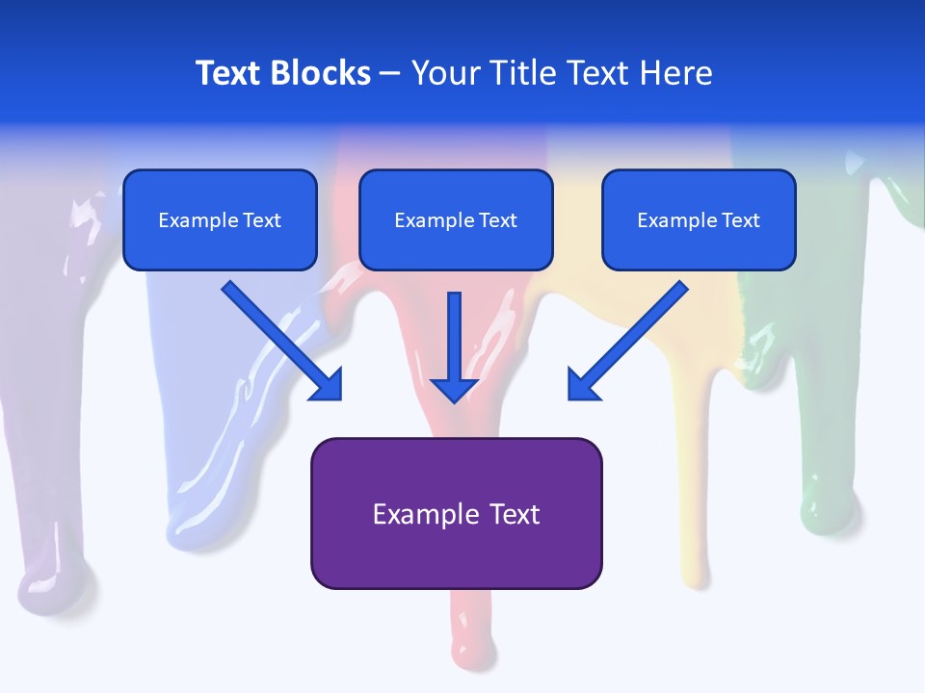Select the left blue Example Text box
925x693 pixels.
220,219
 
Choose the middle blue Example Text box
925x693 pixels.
456,219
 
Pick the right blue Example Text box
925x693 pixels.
699,219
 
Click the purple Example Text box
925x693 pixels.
456,513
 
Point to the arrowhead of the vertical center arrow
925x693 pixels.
454,389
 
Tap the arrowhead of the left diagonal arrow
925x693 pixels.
328,385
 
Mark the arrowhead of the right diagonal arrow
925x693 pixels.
583,385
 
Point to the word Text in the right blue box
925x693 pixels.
740,220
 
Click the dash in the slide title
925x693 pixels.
390,74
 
